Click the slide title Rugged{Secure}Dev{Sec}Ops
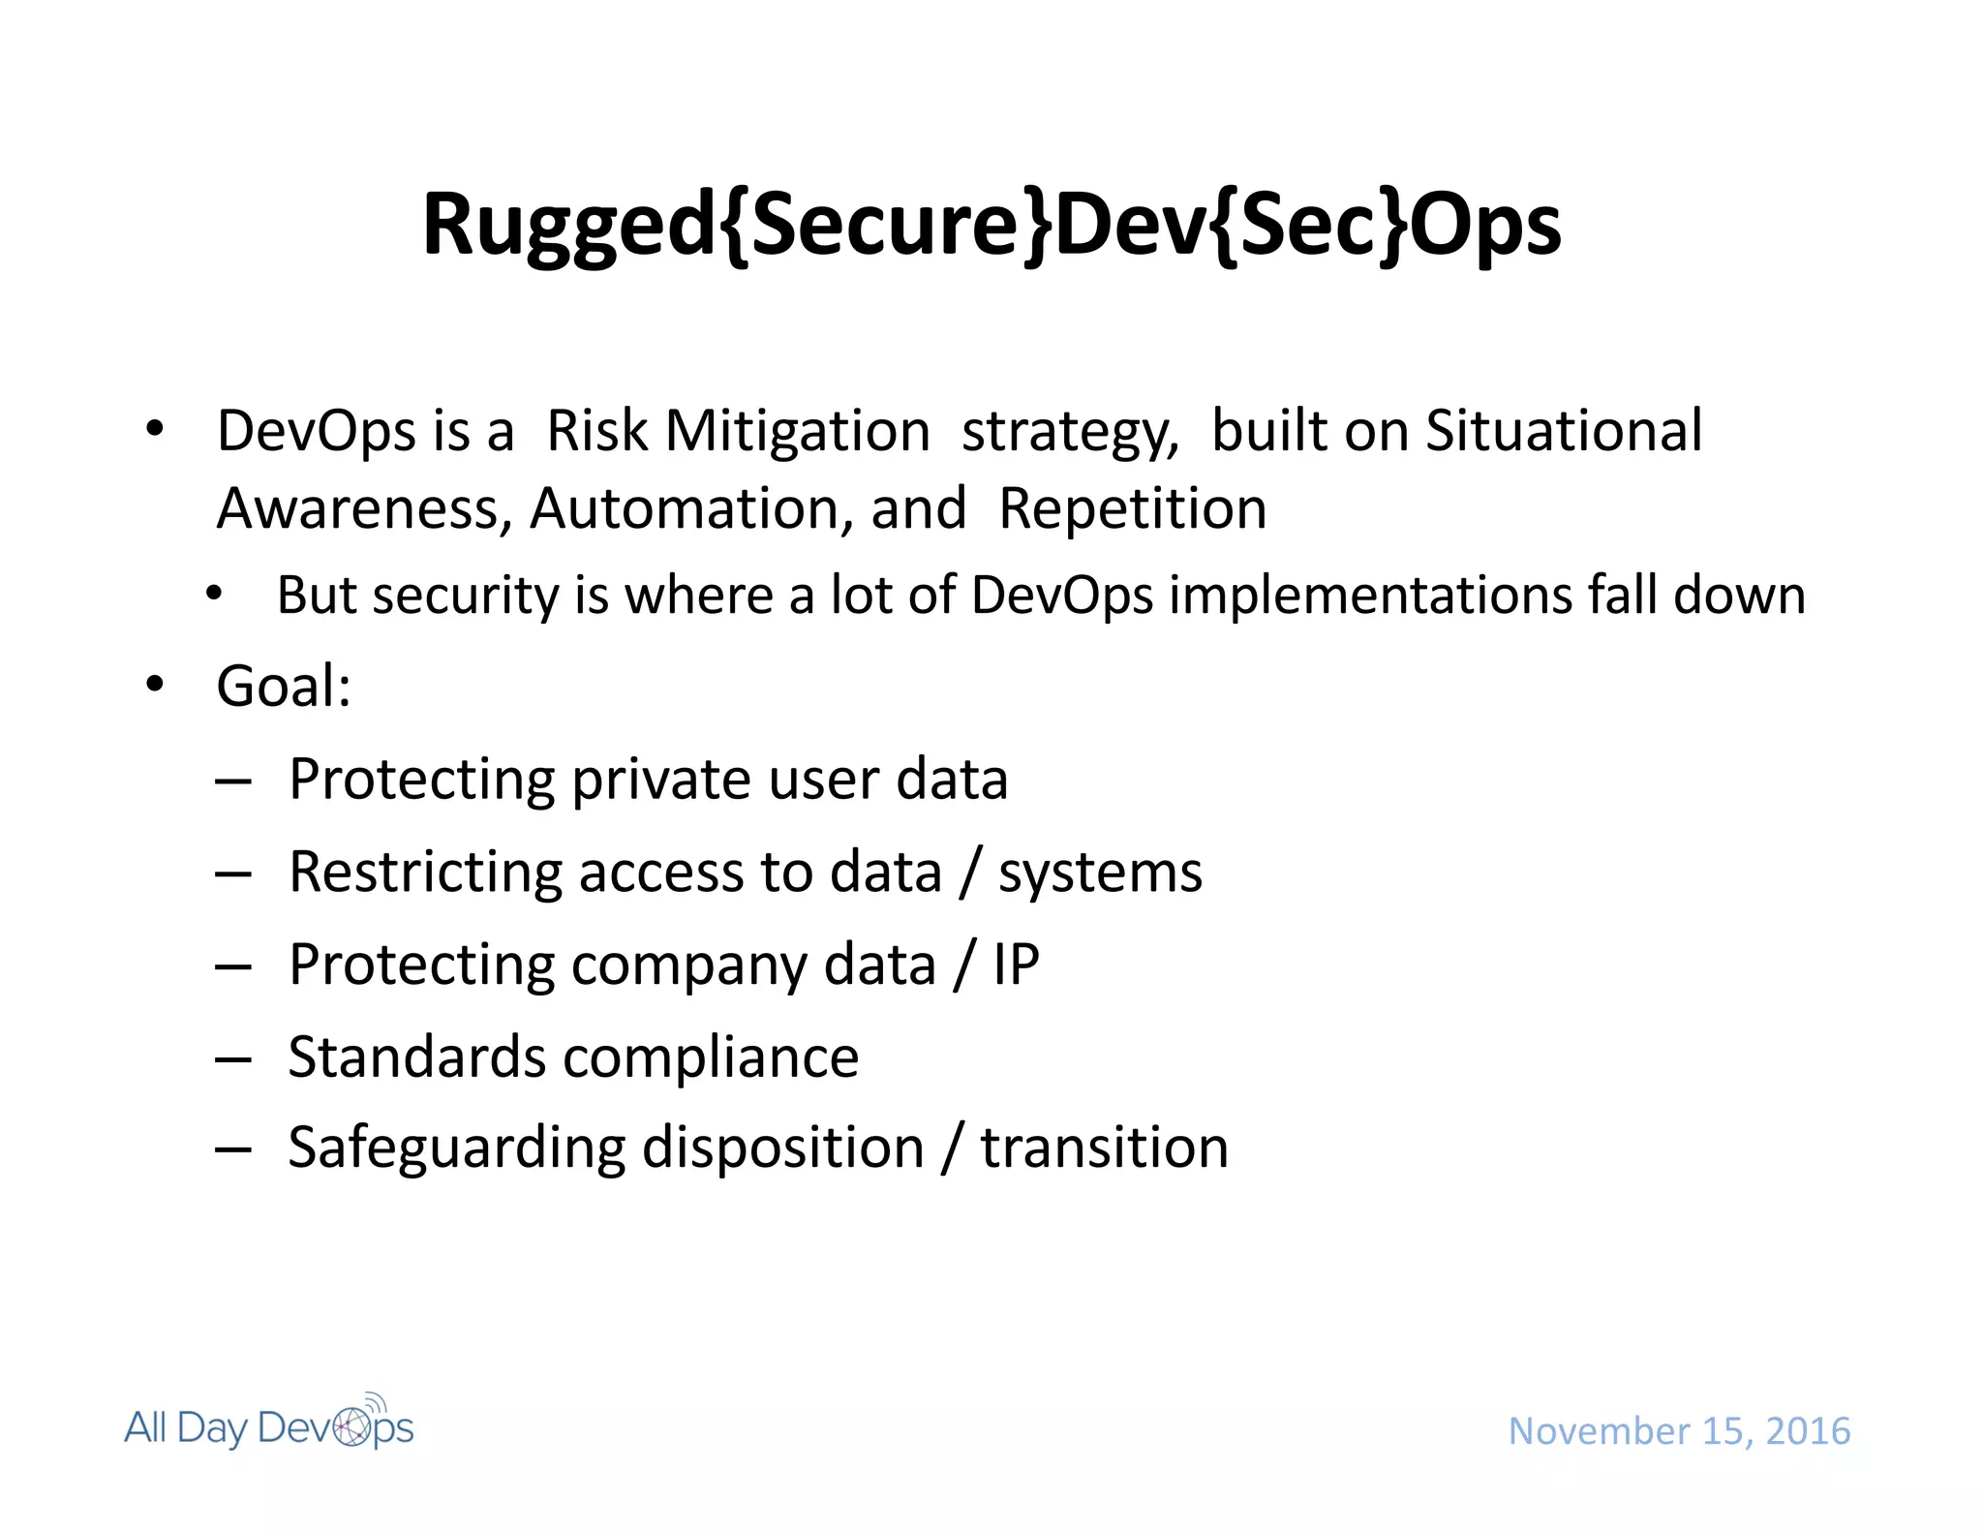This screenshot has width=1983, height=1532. pos(991,225)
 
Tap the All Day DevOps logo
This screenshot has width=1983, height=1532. pos(269,1425)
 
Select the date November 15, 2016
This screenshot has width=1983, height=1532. pos(1679,1431)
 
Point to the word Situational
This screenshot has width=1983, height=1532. pos(1563,431)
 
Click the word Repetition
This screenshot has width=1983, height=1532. pos(1132,509)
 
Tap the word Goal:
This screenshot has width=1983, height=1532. pos(284,687)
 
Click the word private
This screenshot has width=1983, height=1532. pos(660,781)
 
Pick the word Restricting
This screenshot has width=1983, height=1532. pos(425,873)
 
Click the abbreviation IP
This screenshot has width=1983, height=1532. pos(1016,965)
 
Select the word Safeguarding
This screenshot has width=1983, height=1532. pos(456,1149)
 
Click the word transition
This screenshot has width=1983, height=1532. pos(1104,1149)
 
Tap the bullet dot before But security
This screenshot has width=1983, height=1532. pos(214,593)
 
